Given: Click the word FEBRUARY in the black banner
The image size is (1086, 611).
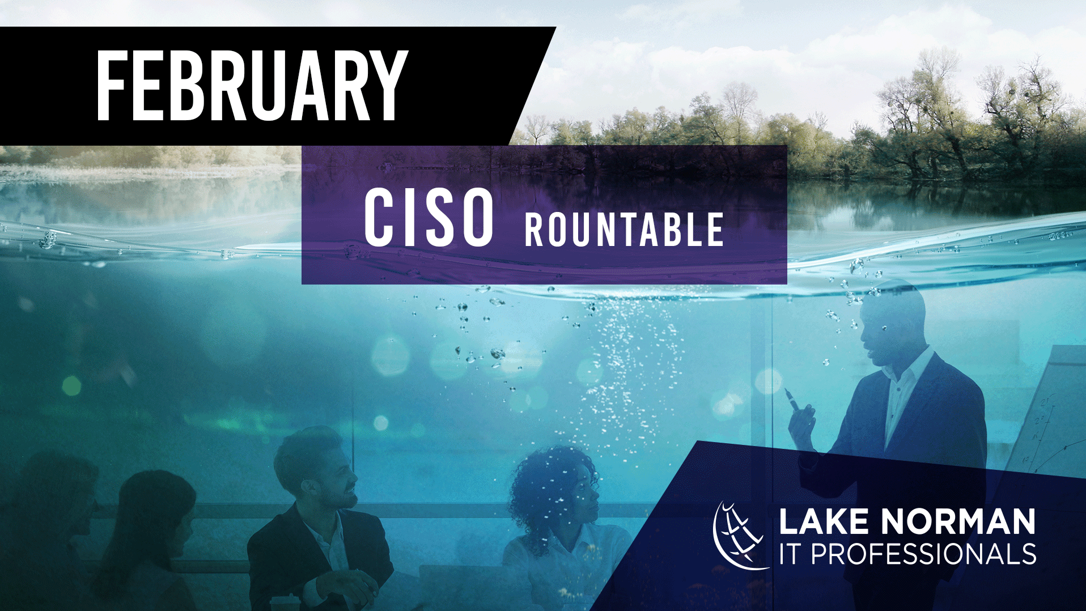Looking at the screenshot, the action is [x=252, y=86].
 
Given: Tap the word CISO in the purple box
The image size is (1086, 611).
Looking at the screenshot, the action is [x=429, y=218].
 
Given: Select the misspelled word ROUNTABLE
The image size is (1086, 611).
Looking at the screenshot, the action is [x=624, y=230].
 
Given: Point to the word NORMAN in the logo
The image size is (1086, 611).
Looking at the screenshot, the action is [x=958, y=521].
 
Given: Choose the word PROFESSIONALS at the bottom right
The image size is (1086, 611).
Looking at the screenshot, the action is [x=923, y=554].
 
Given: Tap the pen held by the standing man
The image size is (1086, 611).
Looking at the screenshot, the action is [x=792, y=399].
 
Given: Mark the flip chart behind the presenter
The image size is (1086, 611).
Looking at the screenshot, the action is [x=1049, y=408].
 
